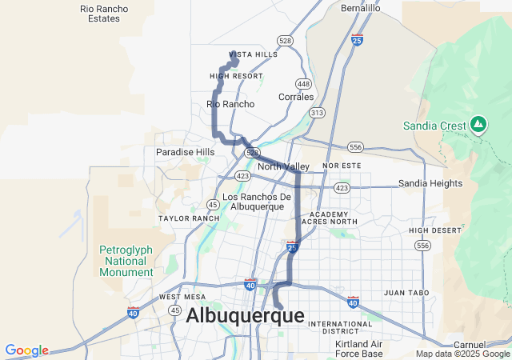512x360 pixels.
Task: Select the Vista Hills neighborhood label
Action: [x=253, y=54]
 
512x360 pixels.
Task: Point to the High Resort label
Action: [x=236, y=76]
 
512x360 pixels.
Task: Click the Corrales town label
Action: [x=296, y=97]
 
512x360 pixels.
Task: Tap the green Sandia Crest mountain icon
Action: [x=478, y=124]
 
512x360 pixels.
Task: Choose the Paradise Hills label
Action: [x=185, y=152]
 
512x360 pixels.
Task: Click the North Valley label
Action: [x=283, y=166]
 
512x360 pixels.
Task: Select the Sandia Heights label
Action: [x=430, y=183]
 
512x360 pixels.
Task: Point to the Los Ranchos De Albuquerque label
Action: [x=256, y=202]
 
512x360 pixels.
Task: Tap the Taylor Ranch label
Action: [x=189, y=218]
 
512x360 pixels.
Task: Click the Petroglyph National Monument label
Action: [x=126, y=261]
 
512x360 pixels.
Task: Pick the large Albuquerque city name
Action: [x=245, y=316]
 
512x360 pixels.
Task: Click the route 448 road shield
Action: [x=303, y=83]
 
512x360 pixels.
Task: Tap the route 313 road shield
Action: [x=317, y=113]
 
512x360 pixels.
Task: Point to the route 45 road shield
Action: [x=212, y=204]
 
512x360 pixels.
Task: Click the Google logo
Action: [x=27, y=350]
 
